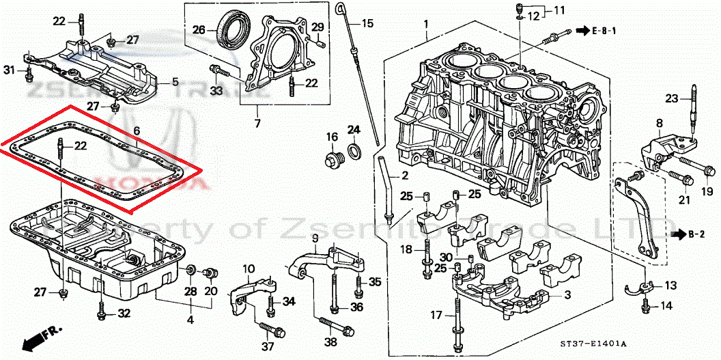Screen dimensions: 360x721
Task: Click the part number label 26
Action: pyautogui.click(x=198, y=30)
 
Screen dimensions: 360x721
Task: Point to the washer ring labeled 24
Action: pyautogui.click(x=354, y=150)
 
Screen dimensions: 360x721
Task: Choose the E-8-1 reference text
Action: pyautogui.click(x=604, y=31)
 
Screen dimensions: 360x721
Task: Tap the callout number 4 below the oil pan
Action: pyautogui.click(x=190, y=319)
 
